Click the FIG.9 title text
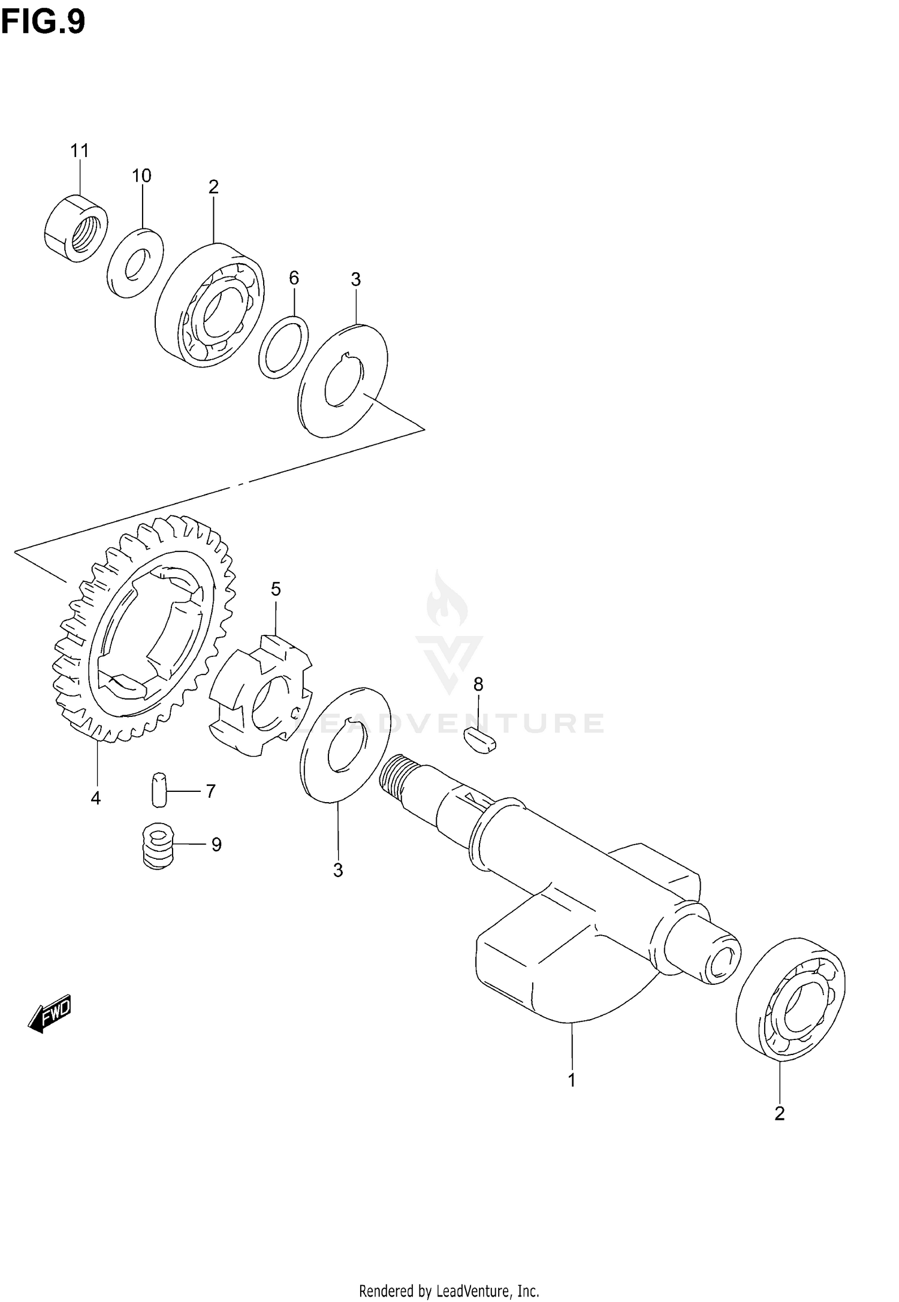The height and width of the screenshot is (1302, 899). point(43,23)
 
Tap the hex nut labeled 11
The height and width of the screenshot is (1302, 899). point(76,228)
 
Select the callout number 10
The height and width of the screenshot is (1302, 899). point(141,176)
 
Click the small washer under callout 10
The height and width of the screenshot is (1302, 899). point(135,263)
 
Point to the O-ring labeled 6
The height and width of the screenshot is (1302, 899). point(283,348)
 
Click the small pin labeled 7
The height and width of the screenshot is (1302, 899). point(158,791)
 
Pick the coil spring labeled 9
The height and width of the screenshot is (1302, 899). point(158,846)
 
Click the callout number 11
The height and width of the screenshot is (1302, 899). point(79,150)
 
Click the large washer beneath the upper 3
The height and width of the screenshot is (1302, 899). point(343,381)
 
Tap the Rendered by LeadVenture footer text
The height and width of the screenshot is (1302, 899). point(449,1290)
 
